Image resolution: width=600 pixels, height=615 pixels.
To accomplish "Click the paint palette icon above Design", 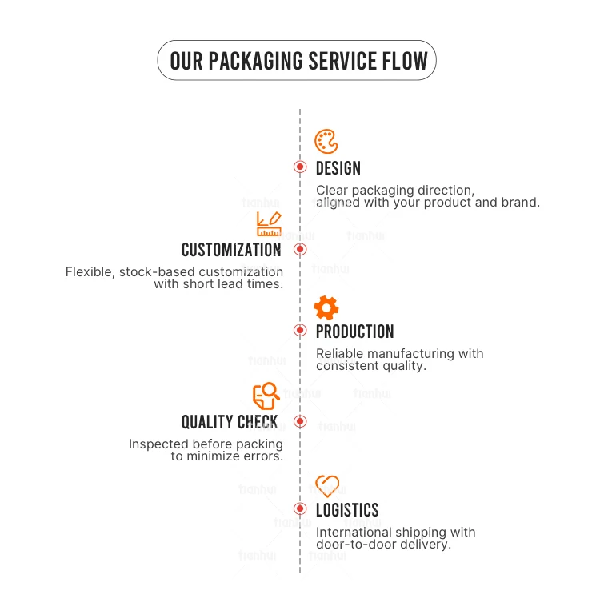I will coord(326,142).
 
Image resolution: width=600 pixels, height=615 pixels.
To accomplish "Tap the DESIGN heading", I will coord(338,168).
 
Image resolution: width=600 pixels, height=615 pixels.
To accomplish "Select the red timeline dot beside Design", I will coord(300,167).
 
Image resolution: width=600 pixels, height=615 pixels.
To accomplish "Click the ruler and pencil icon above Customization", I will coord(269,223).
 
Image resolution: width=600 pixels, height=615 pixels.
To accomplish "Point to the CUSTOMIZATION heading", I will coord(231,250).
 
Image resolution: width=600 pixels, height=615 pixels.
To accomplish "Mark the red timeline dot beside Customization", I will coord(300,249).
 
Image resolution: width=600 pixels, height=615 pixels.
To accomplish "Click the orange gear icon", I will coord(326,307).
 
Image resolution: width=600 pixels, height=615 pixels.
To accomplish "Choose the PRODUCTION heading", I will coord(354,332).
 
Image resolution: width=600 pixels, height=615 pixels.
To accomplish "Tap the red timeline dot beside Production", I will coord(300,330).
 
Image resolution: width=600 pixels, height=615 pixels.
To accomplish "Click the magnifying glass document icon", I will coord(266,396).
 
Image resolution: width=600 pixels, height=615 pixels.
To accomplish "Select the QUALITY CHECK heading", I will coord(230,422).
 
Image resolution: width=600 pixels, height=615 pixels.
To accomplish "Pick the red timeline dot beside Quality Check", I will coord(300,421).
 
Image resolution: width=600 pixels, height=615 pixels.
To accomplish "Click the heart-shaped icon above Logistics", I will coord(327,486).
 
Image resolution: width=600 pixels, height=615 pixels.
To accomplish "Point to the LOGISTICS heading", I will coord(347,510).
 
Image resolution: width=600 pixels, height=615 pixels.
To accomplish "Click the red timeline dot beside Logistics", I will coord(300,508).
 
